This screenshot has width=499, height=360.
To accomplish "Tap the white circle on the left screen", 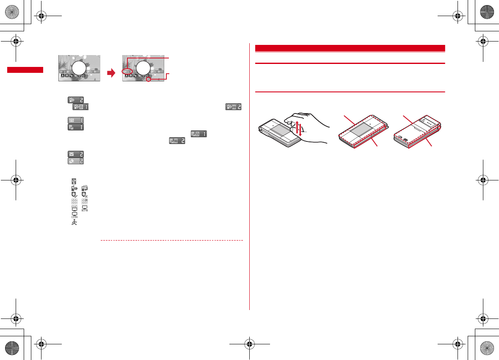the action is click(x=79, y=68).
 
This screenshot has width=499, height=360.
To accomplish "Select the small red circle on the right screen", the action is click(x=149, y=79).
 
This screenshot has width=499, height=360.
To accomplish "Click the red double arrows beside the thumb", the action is click(x=300, y=128).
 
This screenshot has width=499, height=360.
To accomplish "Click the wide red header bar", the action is click(x=350, y=48).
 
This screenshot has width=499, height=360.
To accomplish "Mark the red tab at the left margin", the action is click(x=25, y=70).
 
